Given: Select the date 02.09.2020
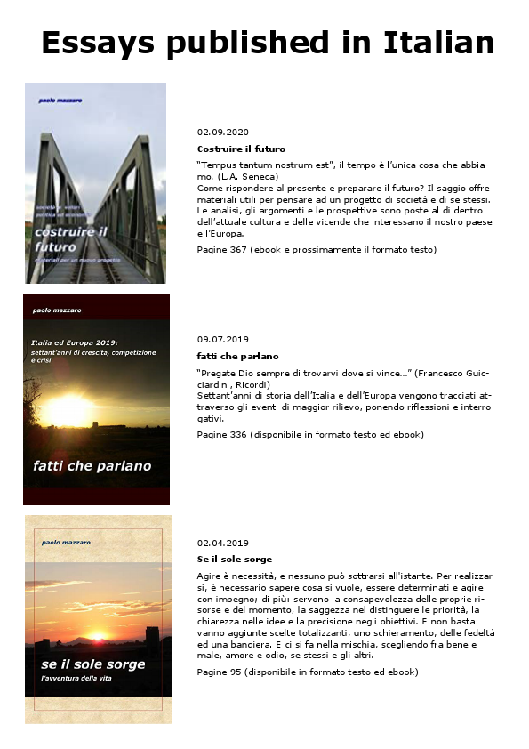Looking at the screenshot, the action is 223,132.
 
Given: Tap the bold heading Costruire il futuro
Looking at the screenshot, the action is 241,149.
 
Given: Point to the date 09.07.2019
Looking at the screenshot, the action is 223,339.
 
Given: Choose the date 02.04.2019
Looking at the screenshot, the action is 223,543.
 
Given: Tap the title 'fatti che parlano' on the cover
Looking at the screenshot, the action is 92,465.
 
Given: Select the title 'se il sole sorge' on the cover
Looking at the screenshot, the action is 92,664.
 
